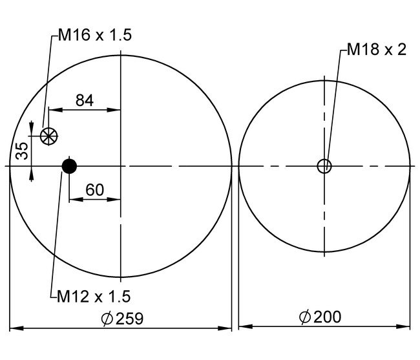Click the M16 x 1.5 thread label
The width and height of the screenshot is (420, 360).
pyautogui.click(x=95, y=36)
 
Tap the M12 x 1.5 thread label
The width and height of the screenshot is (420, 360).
pyautogui.click(x=94, y=297)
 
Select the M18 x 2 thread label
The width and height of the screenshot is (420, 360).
pyautogui.click(x=377, y=50)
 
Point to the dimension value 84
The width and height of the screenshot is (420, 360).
pyautogui.click(x=85, y=100)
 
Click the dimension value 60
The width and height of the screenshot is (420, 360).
pyautogui.click(x=94, y=190)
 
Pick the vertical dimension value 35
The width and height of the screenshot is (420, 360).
pyautogui.click(x=22, y=151)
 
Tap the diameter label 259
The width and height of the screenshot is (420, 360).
pyautogui.click(x=130, y=319)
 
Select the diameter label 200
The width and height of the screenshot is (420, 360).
pyautogui.click(x=327, y=317)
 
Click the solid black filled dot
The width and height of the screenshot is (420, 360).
pyautogui.click(x=69, y=166)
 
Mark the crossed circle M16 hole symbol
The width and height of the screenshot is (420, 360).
pyautogui.click(x=48, y=136)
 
